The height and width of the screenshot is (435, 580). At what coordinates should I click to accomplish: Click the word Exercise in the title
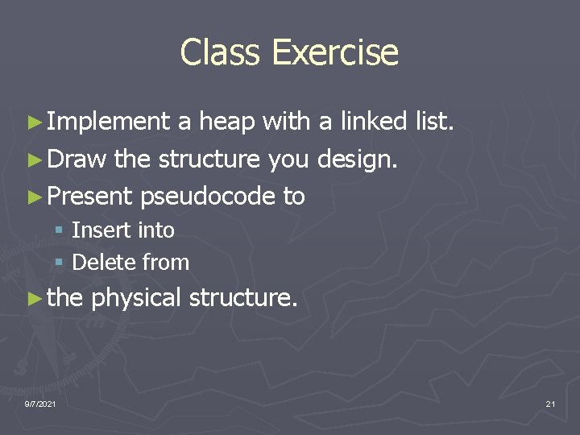click(x=334, y=52)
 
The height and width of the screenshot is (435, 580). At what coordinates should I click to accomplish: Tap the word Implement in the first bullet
click(x=108, y=122)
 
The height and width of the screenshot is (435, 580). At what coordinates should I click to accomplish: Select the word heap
click(x=226, y=122)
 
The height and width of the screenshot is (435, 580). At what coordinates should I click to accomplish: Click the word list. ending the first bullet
click(x=435, y=122)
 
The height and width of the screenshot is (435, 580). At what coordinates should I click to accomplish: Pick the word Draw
click(x=77, y=159)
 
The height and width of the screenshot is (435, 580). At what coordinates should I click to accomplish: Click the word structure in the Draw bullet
click(x=209, y=159)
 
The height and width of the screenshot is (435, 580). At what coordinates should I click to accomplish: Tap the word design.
click(x=357, y=159)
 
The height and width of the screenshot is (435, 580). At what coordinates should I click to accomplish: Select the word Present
click(x=89, y=196)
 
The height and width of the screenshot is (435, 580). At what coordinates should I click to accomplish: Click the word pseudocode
click(x=208, y=196)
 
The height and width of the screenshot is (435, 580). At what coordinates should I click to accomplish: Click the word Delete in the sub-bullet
click(x=104, y=263)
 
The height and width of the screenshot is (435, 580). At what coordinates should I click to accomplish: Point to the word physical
click(x=136, y=298)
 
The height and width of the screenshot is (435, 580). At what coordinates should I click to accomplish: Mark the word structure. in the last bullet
click(x=243, y=298)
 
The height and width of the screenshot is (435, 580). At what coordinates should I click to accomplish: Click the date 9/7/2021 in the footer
click(x=40, y=403)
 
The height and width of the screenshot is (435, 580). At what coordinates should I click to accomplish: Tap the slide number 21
click(x=550, y=403)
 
